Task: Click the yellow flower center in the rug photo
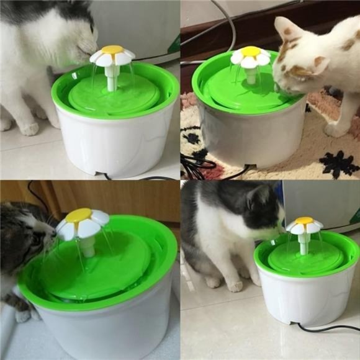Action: [x=251, y=52]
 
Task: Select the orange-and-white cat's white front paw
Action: [x=335, y=130]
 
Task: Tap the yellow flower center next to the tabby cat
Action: [x=79, y=215]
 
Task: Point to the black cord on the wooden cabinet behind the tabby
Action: [x=37, y=197]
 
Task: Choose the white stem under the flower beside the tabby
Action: [x=88, y=246]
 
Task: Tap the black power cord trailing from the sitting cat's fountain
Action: [x=329, y=328]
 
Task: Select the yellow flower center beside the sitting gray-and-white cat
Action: [x=304, y=221]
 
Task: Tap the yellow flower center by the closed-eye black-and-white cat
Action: [x=112, y=49]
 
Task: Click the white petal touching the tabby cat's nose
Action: [x=65, y=230]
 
